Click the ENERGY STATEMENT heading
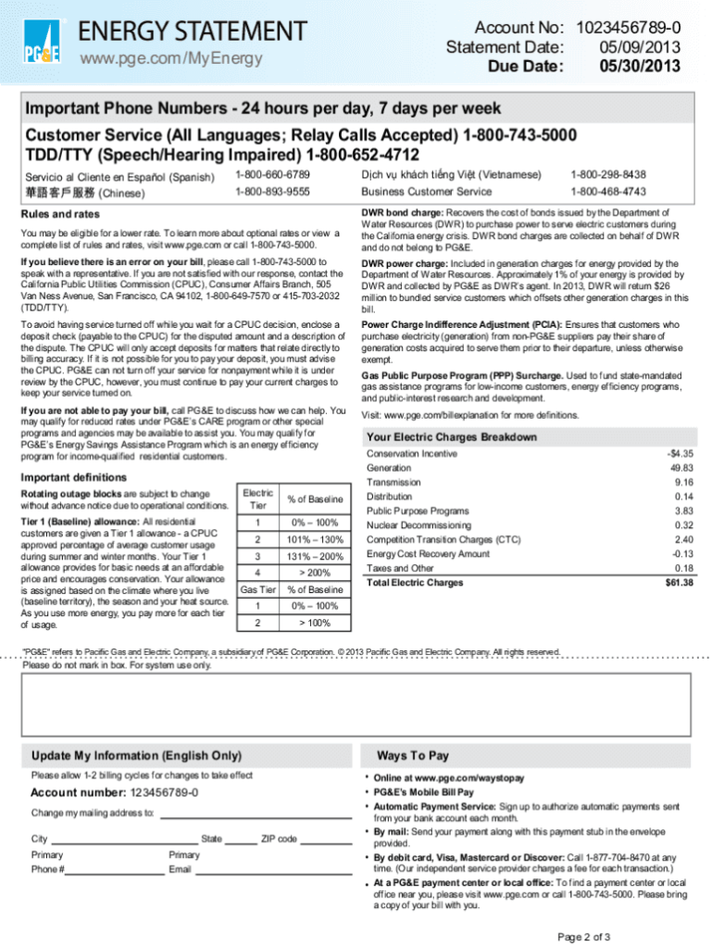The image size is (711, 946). pyautogui.click(x=192, y=31)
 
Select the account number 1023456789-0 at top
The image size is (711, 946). pyautogui.click(x=630, y=29)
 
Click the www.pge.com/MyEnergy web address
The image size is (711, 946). pyautogui.click(x=170, y=59)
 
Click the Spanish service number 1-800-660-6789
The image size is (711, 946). pyautogui.click(x=272, y=174)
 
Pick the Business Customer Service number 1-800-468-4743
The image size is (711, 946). pyautogui.click(x=608, y=192)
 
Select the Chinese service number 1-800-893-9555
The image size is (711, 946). pyautogui.click(x=272, y=192)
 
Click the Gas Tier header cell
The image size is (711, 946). pyautogui.click(x=257, y=589)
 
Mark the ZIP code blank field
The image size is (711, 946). pyautogui.click(x=326, y=839)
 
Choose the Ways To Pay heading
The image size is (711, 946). pyautogui.click(x=413, y=754)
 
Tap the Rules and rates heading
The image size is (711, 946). pyautogui.click(x=60, y=214)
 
